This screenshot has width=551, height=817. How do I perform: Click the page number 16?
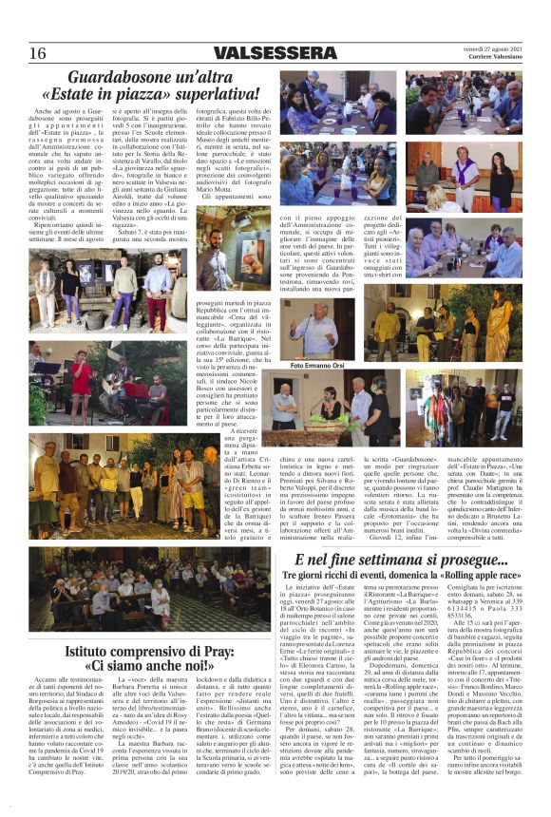coord(37,53)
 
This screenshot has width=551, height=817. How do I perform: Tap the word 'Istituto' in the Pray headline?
coord(89,652)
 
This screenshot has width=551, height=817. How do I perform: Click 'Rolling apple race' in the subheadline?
coord(481,577)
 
